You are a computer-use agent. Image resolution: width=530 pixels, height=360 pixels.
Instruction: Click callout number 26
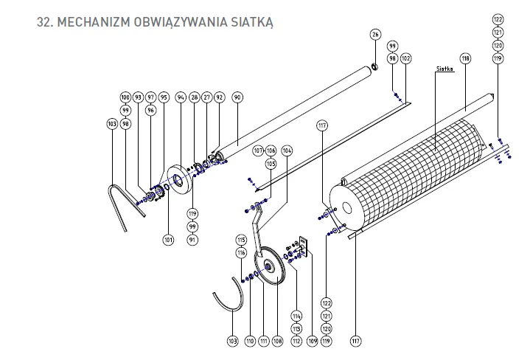(375, 35)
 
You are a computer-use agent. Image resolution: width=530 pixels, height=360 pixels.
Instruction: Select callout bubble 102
(405, 58)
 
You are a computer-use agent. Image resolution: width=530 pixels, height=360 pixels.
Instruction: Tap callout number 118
(465, 58)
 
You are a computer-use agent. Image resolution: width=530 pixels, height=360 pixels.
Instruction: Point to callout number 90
(237, 97)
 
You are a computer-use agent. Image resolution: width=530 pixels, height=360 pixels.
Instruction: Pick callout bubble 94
(181, 97)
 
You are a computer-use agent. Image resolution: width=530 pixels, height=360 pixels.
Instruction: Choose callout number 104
(287, 150)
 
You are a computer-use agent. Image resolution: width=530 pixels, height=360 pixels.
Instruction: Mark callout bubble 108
(277, 341)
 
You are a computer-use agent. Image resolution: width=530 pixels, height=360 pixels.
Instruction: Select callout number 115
(240, 240)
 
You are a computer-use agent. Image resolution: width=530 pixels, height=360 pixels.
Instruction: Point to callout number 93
(137, 97)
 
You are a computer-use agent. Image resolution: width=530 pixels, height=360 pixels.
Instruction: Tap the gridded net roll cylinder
(413, 170)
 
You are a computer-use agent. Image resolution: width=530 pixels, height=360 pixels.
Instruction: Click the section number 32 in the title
(43, 22)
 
